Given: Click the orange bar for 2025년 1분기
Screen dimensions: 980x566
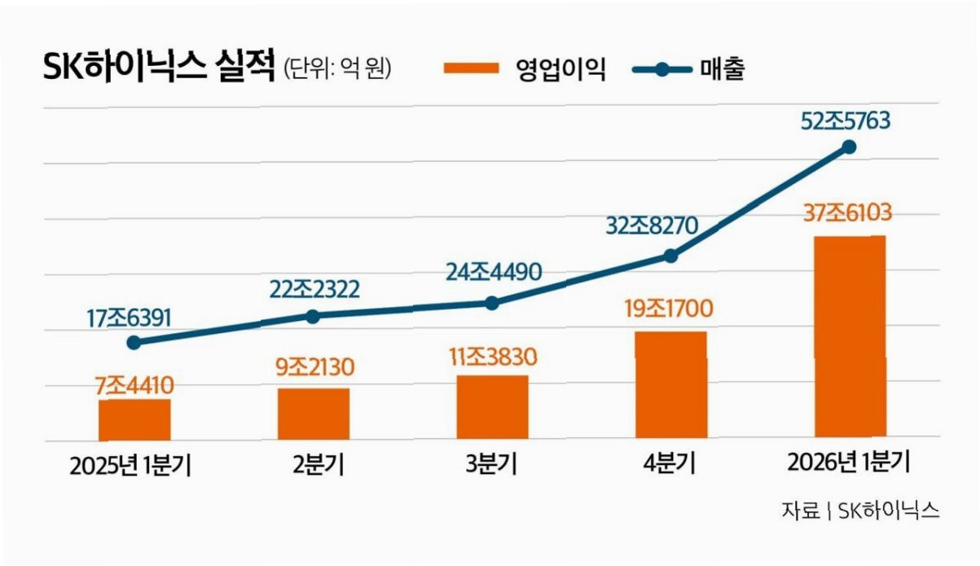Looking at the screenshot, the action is [x=134, y=419].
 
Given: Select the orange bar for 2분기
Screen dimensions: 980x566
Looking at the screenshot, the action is [x=314, y=414].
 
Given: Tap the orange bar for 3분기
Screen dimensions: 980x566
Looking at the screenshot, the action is [x=493, y=406].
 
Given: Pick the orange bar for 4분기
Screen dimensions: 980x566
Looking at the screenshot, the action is [x=671, y=384].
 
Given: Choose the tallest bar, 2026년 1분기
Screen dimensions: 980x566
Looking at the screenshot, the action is [x=850, y=336].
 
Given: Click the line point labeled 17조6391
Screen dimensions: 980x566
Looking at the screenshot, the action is [x=134, y=343].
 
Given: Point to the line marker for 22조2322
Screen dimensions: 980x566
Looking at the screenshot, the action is [x=313, y=316].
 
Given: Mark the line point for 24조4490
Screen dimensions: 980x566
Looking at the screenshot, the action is [x=492, y=303].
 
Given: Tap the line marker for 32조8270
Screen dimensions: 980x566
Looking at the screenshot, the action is [x=670, y=256].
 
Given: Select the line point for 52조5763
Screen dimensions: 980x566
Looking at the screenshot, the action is [x=849, y=147].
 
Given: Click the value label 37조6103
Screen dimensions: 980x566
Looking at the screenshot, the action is [x=847, y=213].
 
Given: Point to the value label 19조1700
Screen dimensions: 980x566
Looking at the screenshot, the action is [x=669, y=309].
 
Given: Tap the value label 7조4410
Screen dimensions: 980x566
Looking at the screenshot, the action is [x=134, y=386].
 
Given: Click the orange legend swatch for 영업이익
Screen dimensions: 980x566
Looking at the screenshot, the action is [x=471, y=68].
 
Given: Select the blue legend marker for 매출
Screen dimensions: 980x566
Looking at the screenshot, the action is [x=662, y=69].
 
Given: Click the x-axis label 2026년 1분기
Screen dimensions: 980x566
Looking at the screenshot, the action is [x=849, y=463].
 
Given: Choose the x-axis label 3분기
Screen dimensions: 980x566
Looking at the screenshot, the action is [x=491, y=463].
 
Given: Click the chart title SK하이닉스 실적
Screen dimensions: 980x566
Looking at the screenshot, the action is [x=159, y=66].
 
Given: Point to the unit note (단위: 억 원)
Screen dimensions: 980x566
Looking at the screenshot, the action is [x=337, y=68].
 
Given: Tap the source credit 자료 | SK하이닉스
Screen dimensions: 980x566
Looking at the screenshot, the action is [x=860, y=510].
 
